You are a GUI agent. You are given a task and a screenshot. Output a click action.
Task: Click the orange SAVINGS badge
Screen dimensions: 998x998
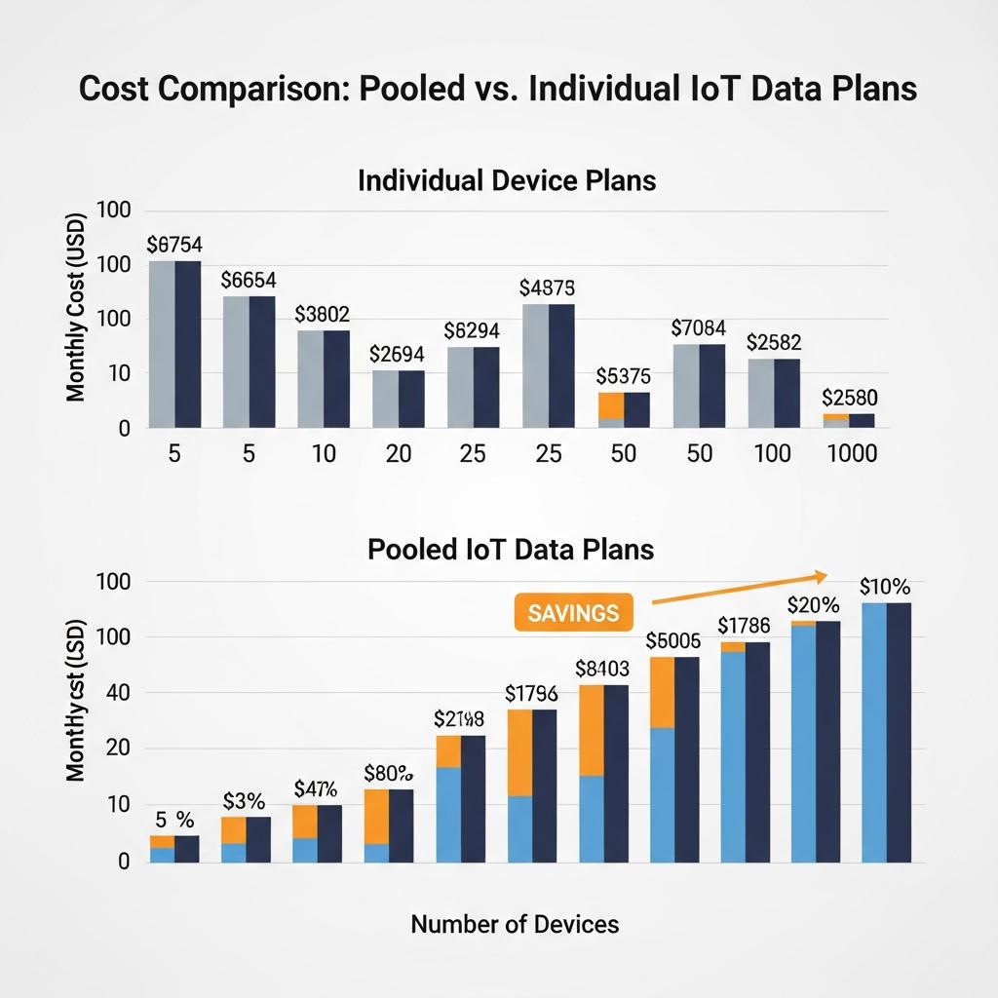coord(572,613)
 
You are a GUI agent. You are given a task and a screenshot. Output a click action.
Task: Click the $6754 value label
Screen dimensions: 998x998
coord(174,245)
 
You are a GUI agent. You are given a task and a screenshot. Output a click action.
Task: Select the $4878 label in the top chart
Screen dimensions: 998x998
coord(548,288)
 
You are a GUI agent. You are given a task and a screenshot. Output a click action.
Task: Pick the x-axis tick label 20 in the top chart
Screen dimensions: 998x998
coord(398,454)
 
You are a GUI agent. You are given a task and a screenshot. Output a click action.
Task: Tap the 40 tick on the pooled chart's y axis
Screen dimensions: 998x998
coord(115,693)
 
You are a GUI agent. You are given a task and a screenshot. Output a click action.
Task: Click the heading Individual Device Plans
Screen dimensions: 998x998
coord(507,180)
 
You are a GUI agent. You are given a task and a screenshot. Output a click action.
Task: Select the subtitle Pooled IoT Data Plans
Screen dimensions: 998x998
coord(511,550)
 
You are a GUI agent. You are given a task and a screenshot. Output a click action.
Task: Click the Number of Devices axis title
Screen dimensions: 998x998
coord(515,923)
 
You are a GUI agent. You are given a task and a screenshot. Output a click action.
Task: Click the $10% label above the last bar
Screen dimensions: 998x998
coord(885,587)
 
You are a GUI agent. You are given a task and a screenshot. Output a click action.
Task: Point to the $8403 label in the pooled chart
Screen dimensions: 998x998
coord(602,669)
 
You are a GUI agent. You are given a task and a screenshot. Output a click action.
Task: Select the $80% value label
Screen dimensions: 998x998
coord(388,774)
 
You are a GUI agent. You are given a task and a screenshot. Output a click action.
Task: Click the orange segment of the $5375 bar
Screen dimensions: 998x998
coord(611,404)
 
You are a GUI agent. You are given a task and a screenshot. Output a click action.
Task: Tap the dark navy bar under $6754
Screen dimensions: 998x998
coord(187,344)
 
